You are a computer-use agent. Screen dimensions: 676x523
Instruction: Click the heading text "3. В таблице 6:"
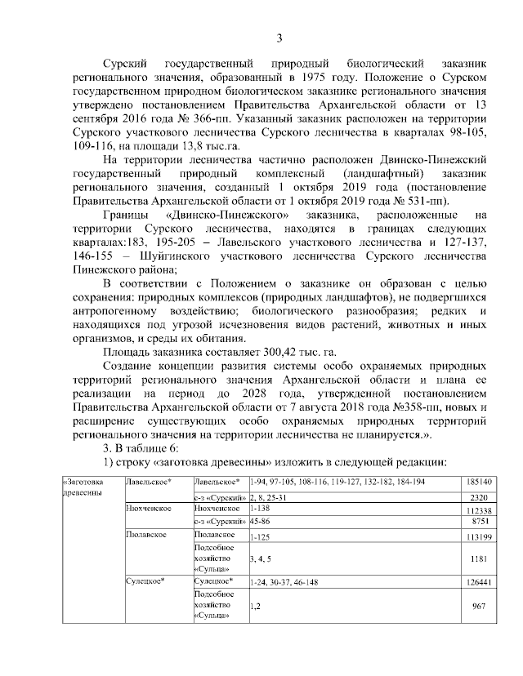(145, 449)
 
